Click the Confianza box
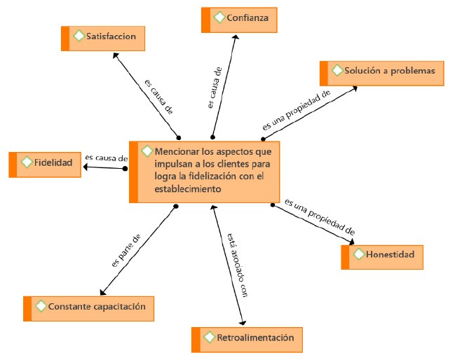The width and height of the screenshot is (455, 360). [x=239, y=20]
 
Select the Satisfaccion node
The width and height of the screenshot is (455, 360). [x=103, y=39]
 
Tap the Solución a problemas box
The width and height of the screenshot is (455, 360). [x=382, y=74]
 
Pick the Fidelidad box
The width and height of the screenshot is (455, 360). [x=45, y=165]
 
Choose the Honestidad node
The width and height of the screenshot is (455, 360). [x=382, y=257]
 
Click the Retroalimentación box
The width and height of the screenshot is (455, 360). [x=247, y=340]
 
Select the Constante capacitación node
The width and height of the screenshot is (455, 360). [x=88, y=309]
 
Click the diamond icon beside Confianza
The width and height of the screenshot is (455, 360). [x=219, y=18]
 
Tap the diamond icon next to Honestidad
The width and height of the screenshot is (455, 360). [x=359, y=254]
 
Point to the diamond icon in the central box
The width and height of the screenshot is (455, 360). [x=147, y=151]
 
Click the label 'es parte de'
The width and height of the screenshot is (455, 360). [x=126, y=251]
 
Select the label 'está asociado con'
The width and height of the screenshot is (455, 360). [x=237, y=265]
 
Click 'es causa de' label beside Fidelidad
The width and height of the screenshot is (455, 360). [x=106, y=158]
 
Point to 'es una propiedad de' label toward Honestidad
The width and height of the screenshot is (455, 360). [x=320, y=217]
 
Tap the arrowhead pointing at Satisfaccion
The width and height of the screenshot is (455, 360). [x=116, y=55]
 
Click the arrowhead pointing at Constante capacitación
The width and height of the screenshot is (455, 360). [x=102, y=293]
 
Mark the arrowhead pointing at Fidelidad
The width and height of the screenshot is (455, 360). [x=86, y=167]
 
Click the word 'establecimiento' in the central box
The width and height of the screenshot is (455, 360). [x=188, y=189]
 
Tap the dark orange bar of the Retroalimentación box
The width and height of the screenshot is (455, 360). [x=196, y=340]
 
